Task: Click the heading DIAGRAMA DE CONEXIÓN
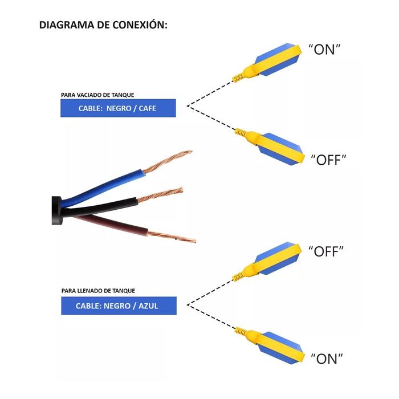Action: (x=103, y=25)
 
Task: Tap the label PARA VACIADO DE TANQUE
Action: (x=97, y=95)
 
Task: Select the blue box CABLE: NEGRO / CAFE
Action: (x=118, y=108)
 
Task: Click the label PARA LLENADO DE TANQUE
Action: (x=98, y=291)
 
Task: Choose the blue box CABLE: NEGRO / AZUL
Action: (x=119, y=306)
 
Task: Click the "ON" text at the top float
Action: (x=324, y=50)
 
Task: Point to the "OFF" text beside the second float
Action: (x=328, y=160)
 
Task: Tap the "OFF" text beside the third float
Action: (x=326, y=251)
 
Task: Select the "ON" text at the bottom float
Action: (x=327, y=359)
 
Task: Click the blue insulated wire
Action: (x=102, y=187)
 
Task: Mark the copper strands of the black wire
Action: (x=160, y=195)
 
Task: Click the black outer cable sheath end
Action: (x=56, y=210)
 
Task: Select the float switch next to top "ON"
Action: (x=267, y=62)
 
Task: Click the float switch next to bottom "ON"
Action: (x=270, y=345)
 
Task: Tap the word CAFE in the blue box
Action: (x=147, y=108)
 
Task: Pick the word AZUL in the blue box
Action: (x=148, y=306)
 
